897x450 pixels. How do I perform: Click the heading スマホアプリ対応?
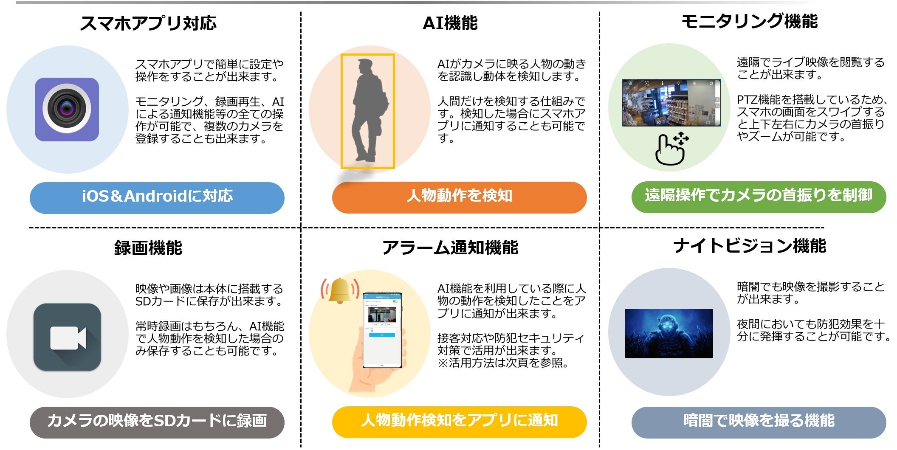148,23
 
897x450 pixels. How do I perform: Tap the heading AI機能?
450,23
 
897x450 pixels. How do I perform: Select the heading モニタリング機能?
750,21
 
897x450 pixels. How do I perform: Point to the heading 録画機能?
148,247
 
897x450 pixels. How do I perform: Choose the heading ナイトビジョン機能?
750,246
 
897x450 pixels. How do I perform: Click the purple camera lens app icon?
67,109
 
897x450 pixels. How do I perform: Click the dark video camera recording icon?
67,337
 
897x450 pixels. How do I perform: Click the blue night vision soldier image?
669,334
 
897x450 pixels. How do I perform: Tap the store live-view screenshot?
671,103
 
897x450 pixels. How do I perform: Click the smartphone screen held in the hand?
382,330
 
